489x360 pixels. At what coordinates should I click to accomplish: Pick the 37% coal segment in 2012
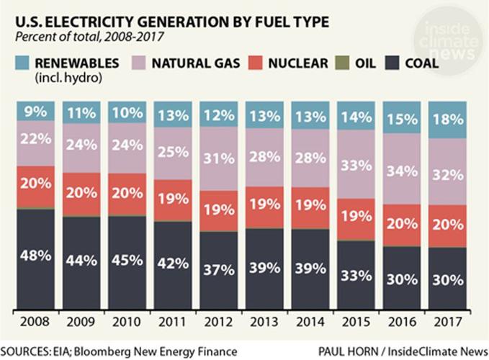click(218, 269)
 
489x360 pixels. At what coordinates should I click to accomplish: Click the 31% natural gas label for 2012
click(218, 159)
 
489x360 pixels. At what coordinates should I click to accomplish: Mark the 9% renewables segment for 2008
click(35, 112)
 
